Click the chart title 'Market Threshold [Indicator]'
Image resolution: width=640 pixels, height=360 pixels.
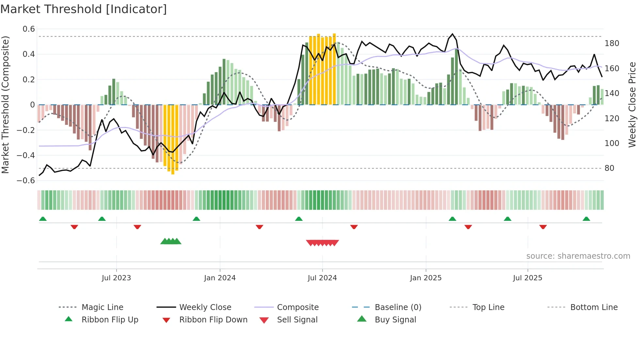(84, 9)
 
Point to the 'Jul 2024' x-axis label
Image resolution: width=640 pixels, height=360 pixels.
(322, 278)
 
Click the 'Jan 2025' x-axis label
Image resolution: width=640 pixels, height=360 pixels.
(425, 278)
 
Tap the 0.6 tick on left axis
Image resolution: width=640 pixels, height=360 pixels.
(29, 29)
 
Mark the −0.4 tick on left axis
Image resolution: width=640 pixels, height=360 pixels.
(26, 155)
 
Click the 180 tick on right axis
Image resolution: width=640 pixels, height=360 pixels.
(612, 43)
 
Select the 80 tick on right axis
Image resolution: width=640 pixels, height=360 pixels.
(609, 168)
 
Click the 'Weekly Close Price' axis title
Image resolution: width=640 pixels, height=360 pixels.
(632, 105)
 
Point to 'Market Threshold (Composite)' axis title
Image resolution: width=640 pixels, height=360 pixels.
(5, 105)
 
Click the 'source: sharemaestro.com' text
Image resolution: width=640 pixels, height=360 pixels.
(578, 256)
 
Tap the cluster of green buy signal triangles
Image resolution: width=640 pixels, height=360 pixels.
(171, 241)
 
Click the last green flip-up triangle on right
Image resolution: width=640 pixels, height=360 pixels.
(586, 219)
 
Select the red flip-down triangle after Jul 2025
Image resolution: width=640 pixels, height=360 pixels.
(543, 227)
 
